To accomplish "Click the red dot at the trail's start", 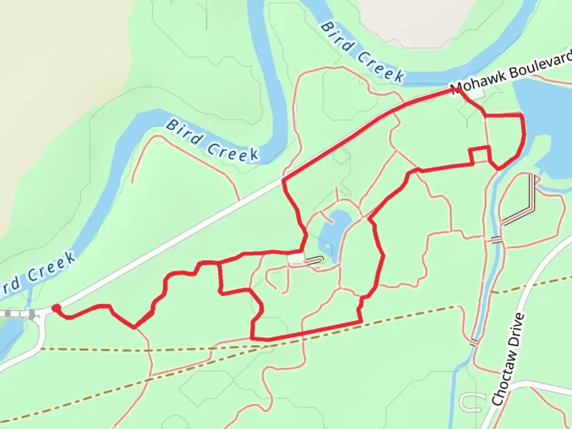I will [56, 308].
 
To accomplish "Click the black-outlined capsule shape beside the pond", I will [314, 261].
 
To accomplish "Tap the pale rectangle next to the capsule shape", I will [295, 259].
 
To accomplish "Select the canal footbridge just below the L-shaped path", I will [496, 240].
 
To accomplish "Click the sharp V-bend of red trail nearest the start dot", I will [134, 327].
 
